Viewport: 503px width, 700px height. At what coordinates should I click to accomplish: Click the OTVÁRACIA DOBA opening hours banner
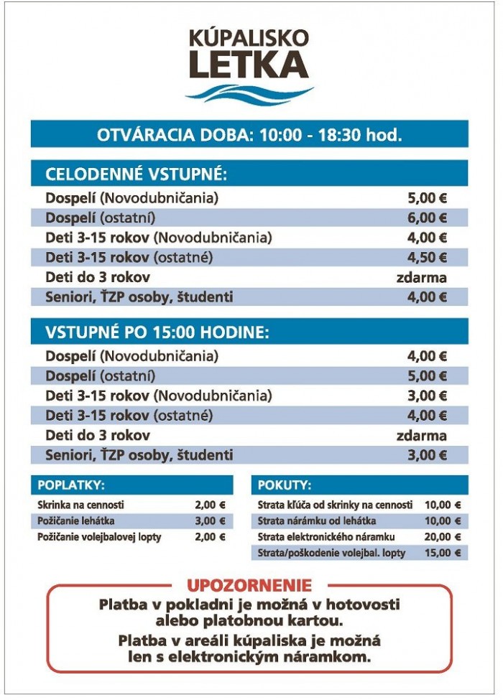click(x=249, y=134)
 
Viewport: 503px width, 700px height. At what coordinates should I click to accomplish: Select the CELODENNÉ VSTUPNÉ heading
click(x=136, y=174)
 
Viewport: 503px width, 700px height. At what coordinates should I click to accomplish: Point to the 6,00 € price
click(x=428, y=218)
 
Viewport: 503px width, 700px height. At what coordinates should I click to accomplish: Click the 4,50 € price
click(x=428, y=257)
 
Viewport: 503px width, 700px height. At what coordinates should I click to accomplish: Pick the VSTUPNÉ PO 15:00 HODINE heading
click(x=157, y=332)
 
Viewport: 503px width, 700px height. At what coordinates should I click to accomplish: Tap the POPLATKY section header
click(x=71, y=485)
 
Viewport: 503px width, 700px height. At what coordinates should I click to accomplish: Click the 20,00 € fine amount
click(x=443, y=536)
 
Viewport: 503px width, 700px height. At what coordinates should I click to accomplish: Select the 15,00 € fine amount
click(x=443, y=553)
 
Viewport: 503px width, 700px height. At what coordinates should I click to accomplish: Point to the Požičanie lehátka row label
click(x=76, y=521)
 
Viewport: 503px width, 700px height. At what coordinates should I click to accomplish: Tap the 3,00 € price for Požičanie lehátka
click(x=210, y=521)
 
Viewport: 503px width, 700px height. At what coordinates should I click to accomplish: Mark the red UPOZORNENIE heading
click(x=249, y=585)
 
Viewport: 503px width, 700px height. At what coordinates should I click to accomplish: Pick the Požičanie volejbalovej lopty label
click(x=99, y=537)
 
